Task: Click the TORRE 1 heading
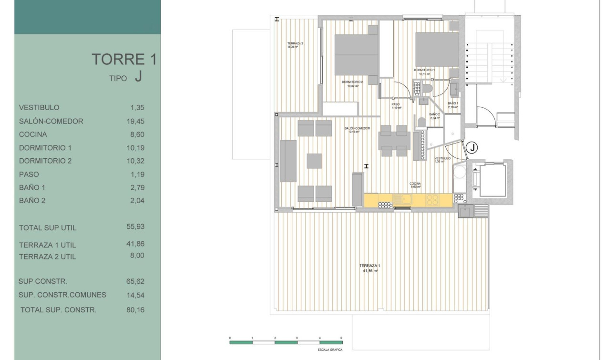pyautogui.click(x=124, y=60)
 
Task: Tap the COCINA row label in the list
pyautogui.click(x=33, y=134)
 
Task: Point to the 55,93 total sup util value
pyautogui.click(x=135, y=227)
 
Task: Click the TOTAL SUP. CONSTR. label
pyautogui.click(x=59, y=310)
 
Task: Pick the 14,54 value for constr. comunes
pyautogui.click(x=135, y=295)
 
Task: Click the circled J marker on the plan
pyautogui.click(x=471, y=148)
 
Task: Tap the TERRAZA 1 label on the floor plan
pyautogui.click(x=369, y=266)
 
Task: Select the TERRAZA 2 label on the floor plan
pyautogui.click(x=296, y=43)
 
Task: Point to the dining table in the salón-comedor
pyautogui.click(x=394, y=141)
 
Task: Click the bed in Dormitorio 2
pyautogui.click(x=356, y=55)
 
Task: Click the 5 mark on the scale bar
pyautogui.click(x=341, y=337)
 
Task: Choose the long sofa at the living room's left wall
pyautogui.click(x=288, y=161)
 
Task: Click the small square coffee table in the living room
pyautogui.click(x=314, y=161)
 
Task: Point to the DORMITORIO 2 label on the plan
pyautogui.click(x=352, y=82)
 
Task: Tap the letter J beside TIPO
pyautogui.click(x=138, y=77)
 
